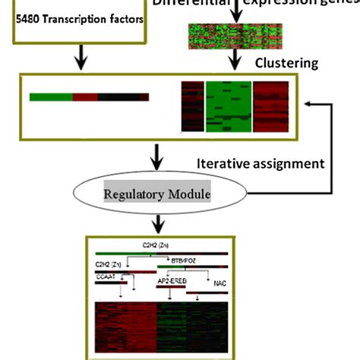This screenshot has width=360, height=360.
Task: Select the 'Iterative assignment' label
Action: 261,163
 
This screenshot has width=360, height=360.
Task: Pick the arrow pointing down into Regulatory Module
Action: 157,156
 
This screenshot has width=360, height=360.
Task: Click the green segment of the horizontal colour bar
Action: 51,97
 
